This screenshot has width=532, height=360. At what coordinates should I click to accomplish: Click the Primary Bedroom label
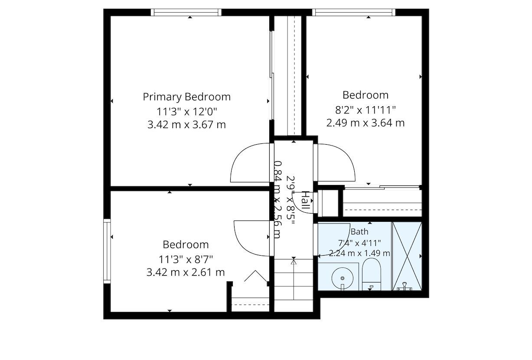coord(187,97)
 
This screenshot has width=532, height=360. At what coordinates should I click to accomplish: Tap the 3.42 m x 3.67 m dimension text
coord(187,125)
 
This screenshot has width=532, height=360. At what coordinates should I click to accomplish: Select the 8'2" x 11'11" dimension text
coord(366,110)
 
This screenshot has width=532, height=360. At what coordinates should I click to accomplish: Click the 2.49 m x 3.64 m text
coord(366,123)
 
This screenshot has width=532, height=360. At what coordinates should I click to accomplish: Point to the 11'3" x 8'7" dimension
coord(186,259)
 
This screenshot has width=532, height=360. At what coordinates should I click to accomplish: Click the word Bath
coord(359,232)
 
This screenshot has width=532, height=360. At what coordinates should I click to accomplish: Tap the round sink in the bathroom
coord(342,278)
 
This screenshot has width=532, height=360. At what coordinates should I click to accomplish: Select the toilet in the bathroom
coord(372,274)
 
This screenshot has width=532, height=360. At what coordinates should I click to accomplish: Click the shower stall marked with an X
coord(407,256)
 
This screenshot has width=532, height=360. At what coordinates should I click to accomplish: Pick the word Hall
coord(306,200)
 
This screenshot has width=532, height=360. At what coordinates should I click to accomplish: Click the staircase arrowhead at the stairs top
coord(294,262)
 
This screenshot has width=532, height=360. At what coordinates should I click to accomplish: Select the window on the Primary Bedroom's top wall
coord(186,12)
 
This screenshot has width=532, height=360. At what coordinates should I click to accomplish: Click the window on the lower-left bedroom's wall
coord(107,251)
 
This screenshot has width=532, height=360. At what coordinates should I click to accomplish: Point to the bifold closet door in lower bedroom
coord(256,276)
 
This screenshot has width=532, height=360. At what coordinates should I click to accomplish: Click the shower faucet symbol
coord(405,286)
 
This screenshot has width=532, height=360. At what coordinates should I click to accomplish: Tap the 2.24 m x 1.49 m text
coord(359,253)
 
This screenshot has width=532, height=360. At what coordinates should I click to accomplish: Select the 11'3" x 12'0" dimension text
coord(187,111)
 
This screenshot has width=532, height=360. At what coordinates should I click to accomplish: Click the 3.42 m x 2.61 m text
coord(186,272)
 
